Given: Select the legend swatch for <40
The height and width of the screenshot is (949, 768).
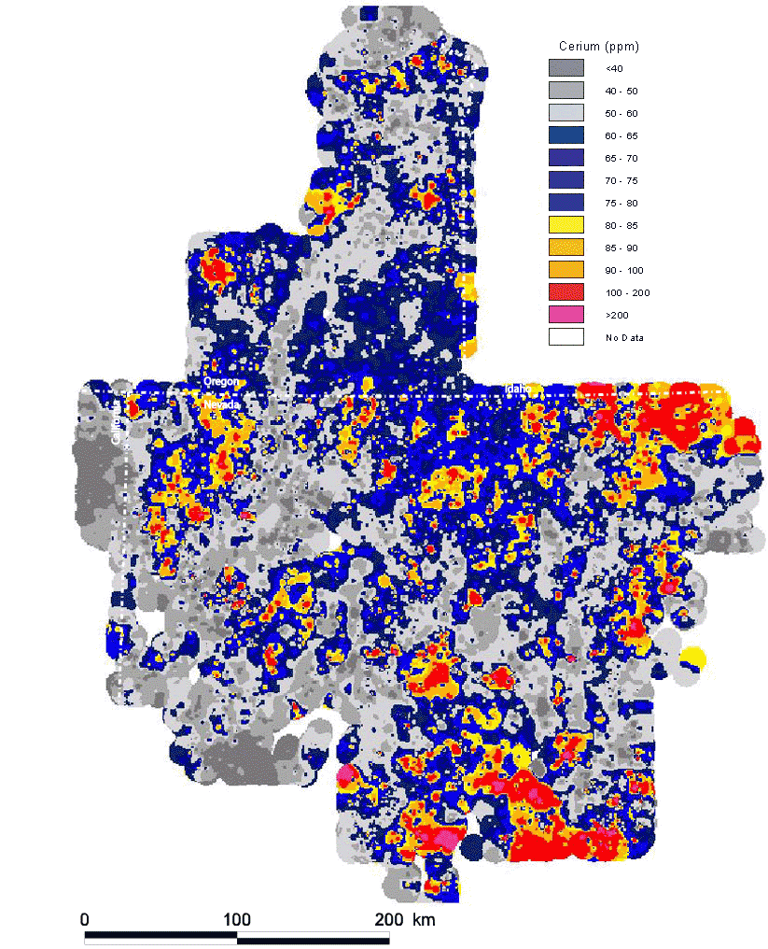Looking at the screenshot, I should point(566,68).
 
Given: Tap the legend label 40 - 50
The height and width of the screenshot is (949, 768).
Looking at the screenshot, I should point(618,91).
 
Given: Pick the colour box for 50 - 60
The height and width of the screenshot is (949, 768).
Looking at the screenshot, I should point(566,113).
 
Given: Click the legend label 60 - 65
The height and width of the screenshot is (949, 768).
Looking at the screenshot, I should point(618,135).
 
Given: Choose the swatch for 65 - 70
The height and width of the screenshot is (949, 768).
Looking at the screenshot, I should point(566,158).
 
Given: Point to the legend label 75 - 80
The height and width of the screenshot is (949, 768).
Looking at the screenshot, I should point(618,203).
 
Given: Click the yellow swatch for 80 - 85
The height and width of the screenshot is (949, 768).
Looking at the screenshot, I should point(566,225).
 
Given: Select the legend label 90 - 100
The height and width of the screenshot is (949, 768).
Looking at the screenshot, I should point(620,270).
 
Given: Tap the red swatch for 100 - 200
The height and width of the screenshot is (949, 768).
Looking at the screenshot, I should point(566,292).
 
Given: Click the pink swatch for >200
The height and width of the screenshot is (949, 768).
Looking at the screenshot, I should point(566,315).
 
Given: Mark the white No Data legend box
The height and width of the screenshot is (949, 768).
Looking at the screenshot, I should point(566,337).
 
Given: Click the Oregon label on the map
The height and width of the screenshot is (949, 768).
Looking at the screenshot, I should point(221,383).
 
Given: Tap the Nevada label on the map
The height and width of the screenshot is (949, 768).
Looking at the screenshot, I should point(223,404).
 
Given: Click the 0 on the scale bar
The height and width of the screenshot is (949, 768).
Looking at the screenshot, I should point(85,919).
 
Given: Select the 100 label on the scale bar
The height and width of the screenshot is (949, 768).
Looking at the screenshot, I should point(237,919).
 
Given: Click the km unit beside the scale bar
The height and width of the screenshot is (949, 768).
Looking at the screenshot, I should point(424,919).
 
